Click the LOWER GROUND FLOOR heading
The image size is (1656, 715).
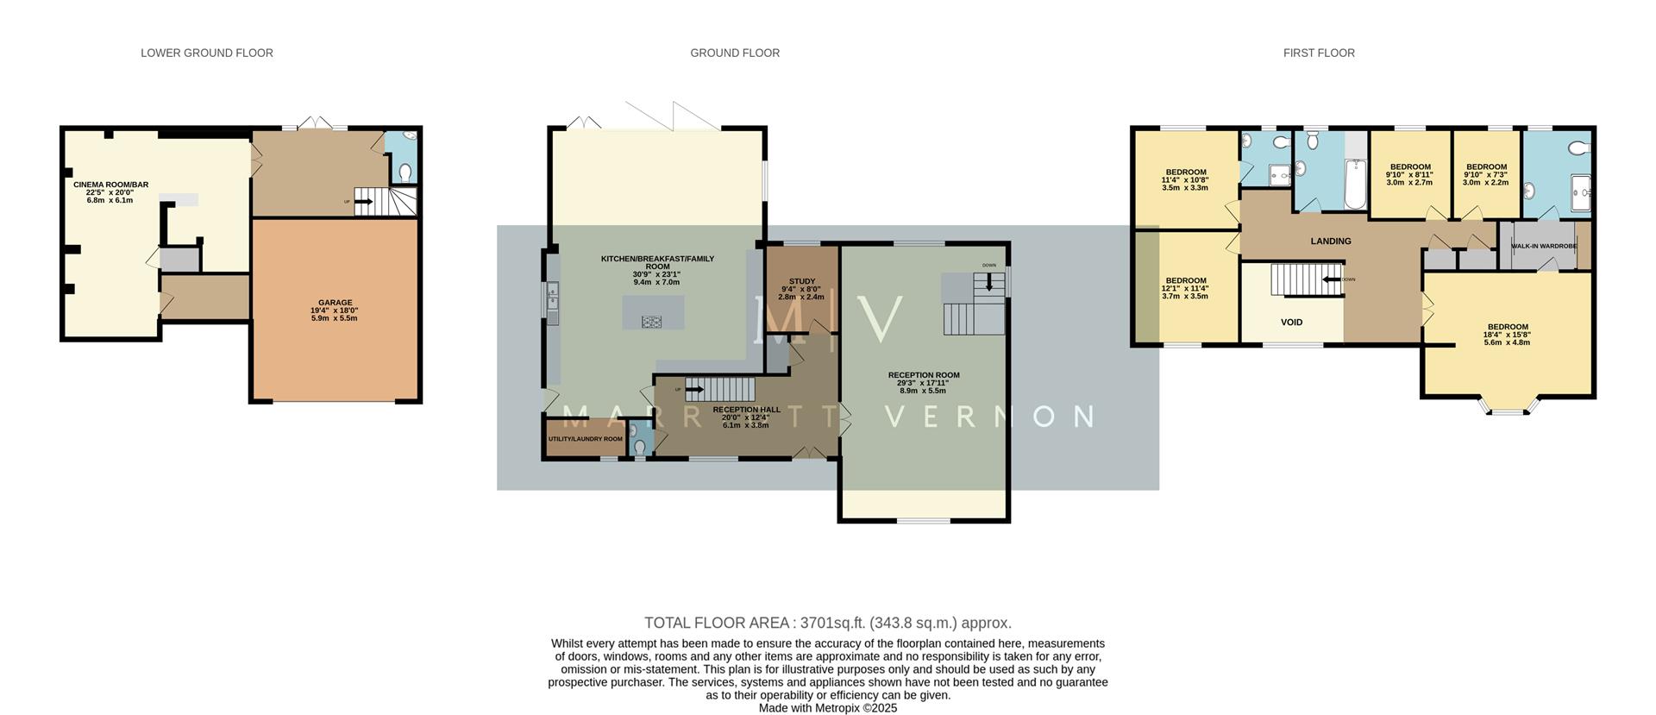[x=207, y=53]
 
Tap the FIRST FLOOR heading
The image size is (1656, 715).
[x=1319, y=53]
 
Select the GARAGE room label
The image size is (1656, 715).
[x=335, y=303]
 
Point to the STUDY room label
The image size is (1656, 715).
[x=801, y=281]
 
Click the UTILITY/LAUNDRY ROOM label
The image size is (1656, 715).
[x=586, y=439]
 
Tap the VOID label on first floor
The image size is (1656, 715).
[x=1291, y=323]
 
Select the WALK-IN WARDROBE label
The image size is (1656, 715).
[x=1544, y=246]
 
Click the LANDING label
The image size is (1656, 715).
[x=1331, y=241]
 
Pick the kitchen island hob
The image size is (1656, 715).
[x=653, y=322]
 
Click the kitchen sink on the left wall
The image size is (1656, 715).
[x=552, y=294]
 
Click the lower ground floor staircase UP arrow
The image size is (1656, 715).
[x=363, y=202]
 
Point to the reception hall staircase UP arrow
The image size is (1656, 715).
[x=695, y=389]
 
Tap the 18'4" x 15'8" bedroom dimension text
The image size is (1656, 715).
[x=1507, y=335]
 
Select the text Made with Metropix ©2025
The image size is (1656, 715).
[x=828, y=708]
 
